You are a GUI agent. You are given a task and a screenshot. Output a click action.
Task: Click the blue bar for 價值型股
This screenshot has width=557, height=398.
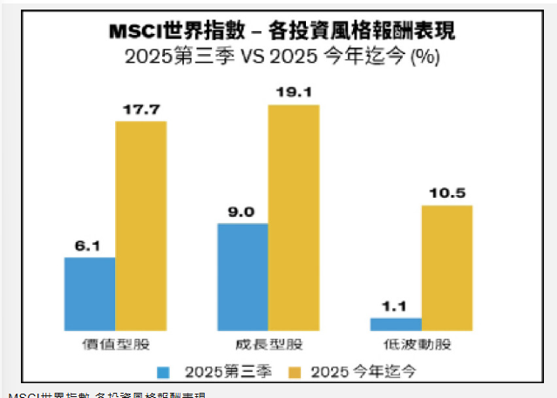point(90,293)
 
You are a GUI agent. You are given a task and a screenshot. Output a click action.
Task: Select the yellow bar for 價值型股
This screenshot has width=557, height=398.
point(140,225)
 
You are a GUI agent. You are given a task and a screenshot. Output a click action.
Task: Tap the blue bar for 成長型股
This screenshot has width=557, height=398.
point(242,277)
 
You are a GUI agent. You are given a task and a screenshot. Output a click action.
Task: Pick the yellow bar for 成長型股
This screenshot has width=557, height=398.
point(293,217)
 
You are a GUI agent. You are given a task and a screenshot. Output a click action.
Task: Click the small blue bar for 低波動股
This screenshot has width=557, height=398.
point(395,323)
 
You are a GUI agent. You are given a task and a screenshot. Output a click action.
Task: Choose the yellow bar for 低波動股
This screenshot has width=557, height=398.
point(446,267)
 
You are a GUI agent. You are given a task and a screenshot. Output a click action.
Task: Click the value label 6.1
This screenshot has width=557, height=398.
point(90,246)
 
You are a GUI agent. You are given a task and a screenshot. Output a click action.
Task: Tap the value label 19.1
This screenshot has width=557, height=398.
point(293,92)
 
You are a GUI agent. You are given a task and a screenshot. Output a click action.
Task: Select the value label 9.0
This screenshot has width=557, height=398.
point(242,212)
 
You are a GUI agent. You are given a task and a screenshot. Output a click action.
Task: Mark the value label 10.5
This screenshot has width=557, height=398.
point(446,193)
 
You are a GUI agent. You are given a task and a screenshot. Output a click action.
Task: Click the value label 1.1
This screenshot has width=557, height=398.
point(395,307)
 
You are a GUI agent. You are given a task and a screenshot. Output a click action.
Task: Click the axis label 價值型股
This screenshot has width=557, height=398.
point(116,346)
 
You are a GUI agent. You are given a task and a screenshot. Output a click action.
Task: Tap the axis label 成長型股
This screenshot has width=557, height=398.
point(268,346)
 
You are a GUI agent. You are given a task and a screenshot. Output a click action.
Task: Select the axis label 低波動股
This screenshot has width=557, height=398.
point(421,346)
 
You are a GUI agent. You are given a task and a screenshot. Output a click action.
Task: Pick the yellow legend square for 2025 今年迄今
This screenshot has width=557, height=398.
point(293,373)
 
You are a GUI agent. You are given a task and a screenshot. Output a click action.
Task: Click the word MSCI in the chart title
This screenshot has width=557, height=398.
point(132,31)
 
